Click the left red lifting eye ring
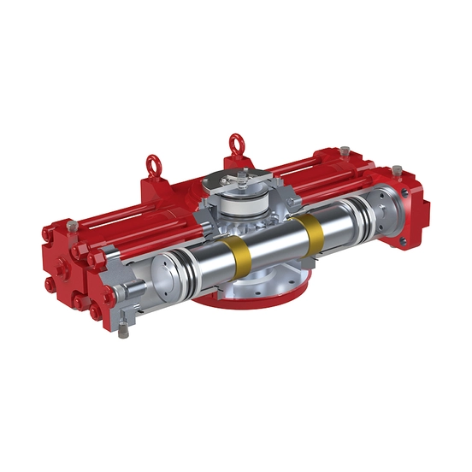155,163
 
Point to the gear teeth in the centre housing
224,231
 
